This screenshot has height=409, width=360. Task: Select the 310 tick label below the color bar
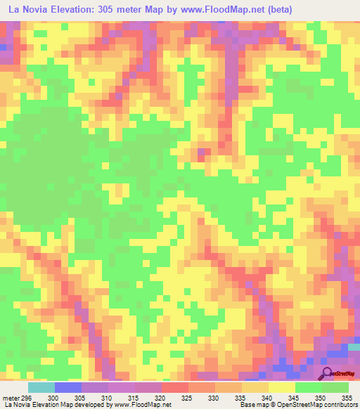[108, 397]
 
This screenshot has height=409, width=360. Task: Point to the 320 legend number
[161, 397]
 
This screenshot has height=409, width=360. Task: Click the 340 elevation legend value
[268, 397]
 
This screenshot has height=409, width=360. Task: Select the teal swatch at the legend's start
[41, 387]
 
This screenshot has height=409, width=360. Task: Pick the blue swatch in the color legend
[67, 387]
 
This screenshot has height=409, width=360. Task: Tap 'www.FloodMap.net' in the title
[214, 9]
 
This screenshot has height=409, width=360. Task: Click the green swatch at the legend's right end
[335, 387]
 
